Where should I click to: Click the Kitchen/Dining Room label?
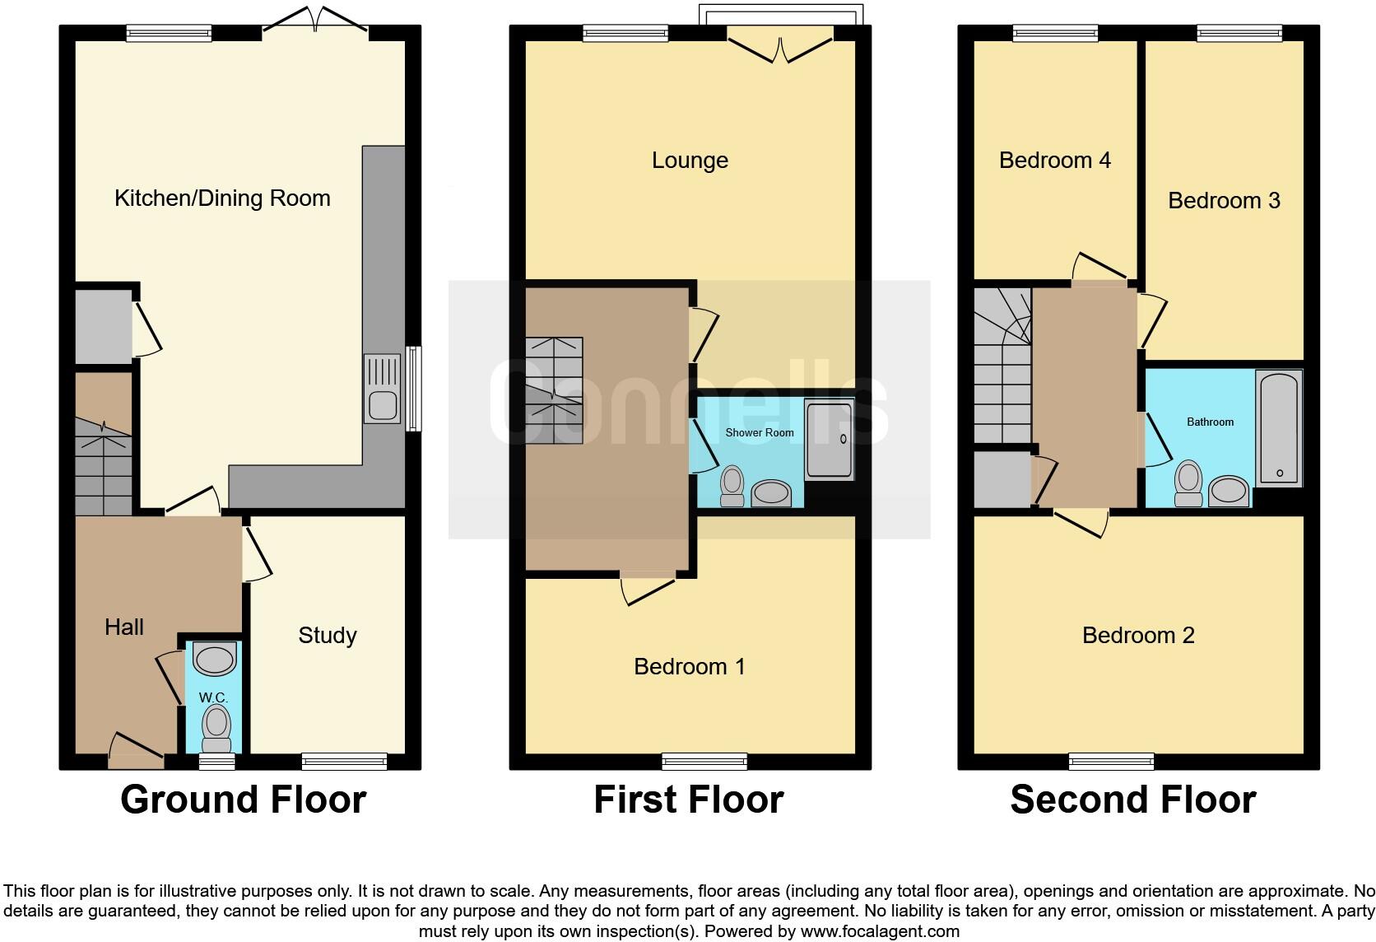click(x=222, y=198)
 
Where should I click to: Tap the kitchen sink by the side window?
click(x=383, y=389)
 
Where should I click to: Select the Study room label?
click(x=328, y=636)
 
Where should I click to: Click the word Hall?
click(x=124, y=627)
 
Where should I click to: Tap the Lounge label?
click(x=690, y=161)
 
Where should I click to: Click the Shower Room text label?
click(x=759, y=432)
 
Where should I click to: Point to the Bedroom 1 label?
click(x=690, y=667)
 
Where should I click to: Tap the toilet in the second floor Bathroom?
click(x=1188, y=483)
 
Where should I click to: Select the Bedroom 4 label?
click(x=1054, y=161)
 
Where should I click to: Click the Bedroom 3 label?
click(x=1224, y=201)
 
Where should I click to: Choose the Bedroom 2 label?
click(x=1138, y=636)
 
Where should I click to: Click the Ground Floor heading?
click(x=243, y=800)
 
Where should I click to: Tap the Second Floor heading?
click(x=1132, y=800)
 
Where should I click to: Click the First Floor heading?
click(x=688, y=800)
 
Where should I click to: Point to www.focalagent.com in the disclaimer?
click(x=879, y=931)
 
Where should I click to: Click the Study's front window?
click(x=344, y=762)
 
